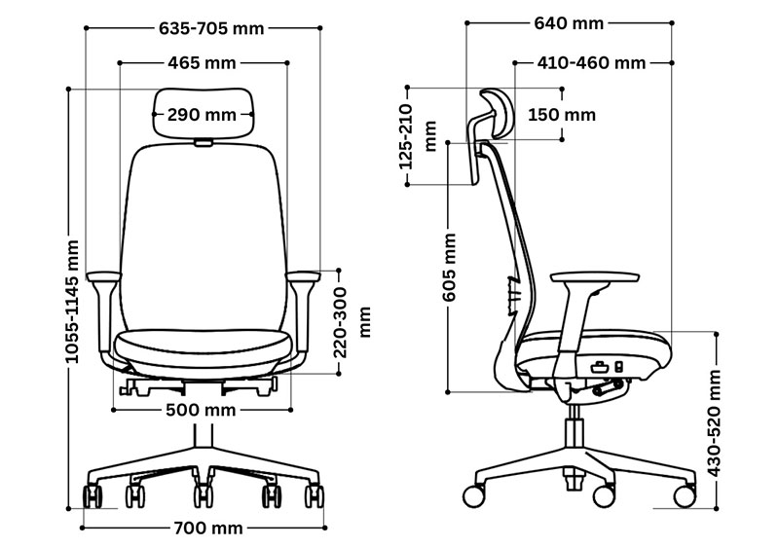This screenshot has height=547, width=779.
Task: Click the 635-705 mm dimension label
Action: (x=211, y=28)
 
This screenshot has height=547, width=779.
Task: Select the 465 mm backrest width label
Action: (x=202, y=63)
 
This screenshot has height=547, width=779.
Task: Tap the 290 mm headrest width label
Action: (x=202, y=115)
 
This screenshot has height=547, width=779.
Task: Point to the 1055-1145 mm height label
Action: (x=72, y=302)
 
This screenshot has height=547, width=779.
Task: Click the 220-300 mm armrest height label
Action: (x=352, y=322)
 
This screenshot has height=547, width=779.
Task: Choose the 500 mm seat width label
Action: (x=201, y=410)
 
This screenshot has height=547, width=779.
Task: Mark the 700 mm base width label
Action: (x=208, y=528)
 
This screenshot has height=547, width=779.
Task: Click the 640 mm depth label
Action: (x=569, y=22)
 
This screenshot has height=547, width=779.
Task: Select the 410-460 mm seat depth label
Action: (x=591, y=63)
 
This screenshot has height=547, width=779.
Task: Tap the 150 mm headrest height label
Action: (x=562, y=115)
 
